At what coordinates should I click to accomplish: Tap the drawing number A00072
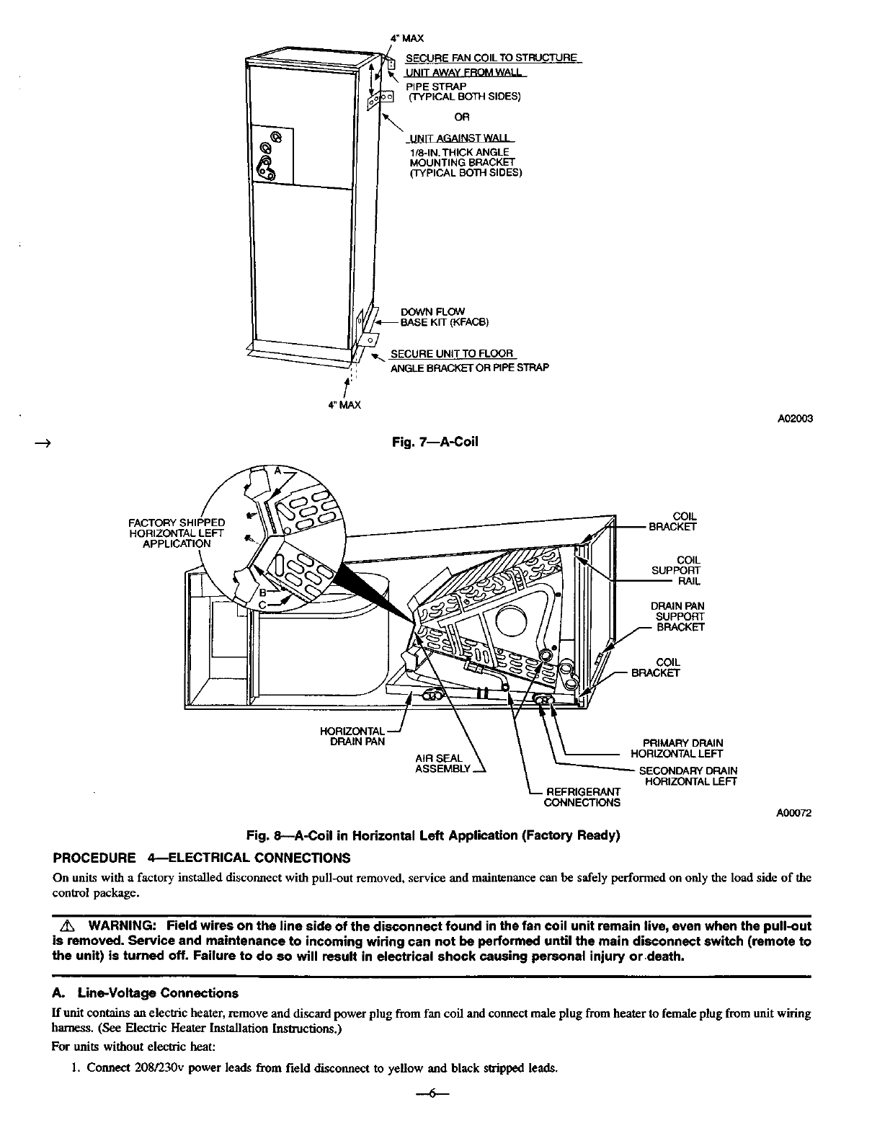(793, 813)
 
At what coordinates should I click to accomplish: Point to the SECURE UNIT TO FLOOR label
(452, 354)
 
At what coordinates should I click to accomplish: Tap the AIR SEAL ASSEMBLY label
(442, 763)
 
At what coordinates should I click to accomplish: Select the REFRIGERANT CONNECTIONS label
(582, 797)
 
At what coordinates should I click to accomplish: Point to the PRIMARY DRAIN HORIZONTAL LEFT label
(677, 748)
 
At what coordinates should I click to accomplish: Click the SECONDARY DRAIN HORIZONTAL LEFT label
(688, 776)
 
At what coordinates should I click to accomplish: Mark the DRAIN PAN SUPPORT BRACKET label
(678, 616)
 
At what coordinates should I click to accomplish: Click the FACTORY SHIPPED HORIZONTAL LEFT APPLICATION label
(177, 533)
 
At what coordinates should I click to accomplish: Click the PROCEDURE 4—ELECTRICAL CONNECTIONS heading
(203, 858)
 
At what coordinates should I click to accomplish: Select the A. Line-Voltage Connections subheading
(146, 993)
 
